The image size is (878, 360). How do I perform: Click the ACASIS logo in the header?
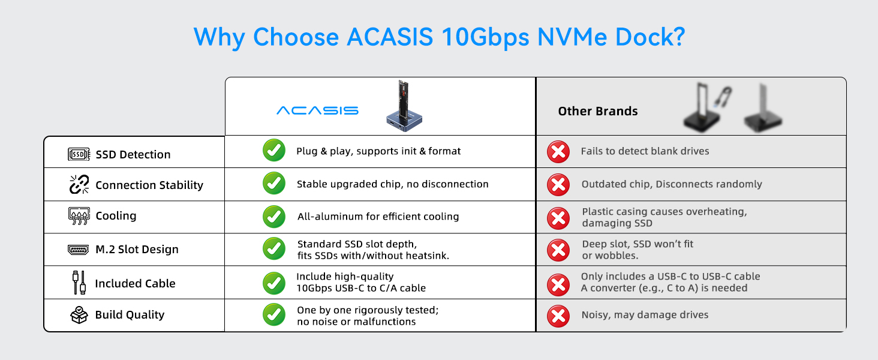(317, 110)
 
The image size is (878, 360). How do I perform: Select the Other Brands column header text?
(597, 111)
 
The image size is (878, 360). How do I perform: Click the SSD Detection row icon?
(79, 154)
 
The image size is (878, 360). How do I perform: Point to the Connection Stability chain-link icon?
(79, 185)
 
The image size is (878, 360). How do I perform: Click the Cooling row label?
(116, 215)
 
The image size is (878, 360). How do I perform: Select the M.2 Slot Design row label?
(137, 249)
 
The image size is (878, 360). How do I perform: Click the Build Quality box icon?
(79, 314)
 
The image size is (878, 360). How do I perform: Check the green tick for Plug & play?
(274, 151)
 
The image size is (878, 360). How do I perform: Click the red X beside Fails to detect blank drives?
(558, 152)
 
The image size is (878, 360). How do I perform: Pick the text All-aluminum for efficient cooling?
(378, 216)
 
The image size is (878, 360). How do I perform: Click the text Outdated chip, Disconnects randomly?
(671, 184)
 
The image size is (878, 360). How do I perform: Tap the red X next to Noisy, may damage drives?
(558, 315)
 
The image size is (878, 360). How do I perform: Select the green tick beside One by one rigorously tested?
(274, 314)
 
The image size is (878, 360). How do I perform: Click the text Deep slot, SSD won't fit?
(638, 244)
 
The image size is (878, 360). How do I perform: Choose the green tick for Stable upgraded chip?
(274, 184)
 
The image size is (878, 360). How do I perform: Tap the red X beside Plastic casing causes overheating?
(558, 217)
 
